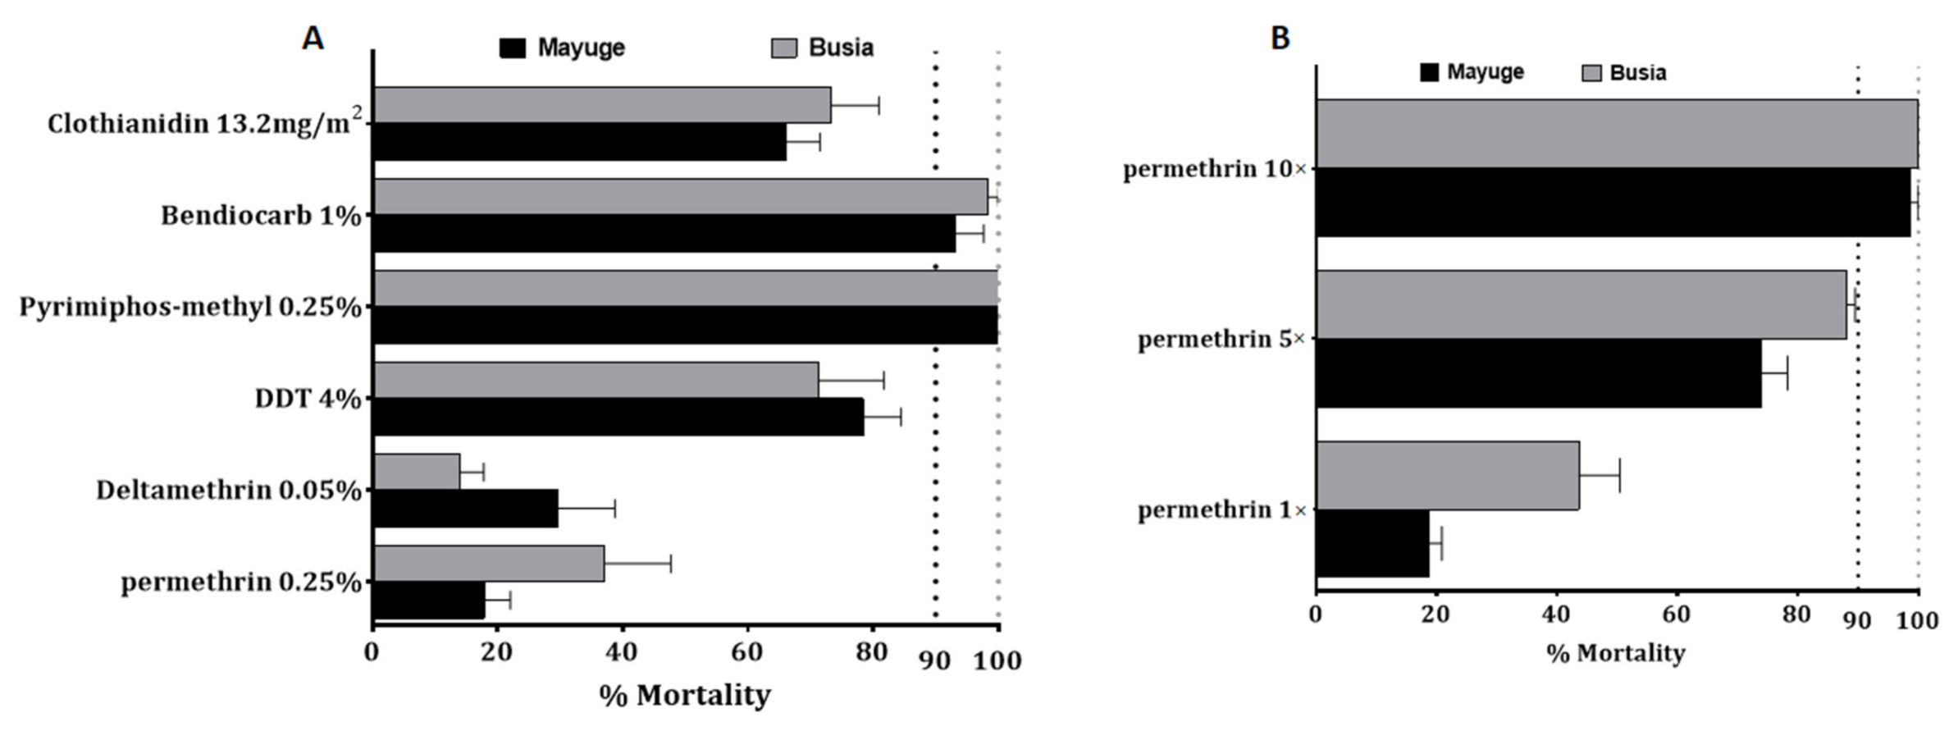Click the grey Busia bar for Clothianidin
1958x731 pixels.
pyautogui.click(x=602, y=105)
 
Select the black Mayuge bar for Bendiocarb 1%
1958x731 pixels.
pyautogui.click(x=664, y=234)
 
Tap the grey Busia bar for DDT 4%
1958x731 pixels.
pyautogui.click(x=596, y=381)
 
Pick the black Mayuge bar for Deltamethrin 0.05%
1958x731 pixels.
pyautogui.click(x=466, y=509)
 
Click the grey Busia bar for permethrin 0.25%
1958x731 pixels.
pyautogui.click(x=489, y=564)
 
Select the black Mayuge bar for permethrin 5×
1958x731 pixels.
pyautogui.click(x=1539, y=373)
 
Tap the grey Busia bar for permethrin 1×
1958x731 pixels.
pyautogui.click(x=1448, y=476)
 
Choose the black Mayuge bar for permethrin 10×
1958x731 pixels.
pyautogui.click(x=1613, y=203)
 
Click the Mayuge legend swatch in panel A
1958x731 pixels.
pyautogui.click(x=513, y=48)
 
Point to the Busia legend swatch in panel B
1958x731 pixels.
pyautogui.click(x=1591, y=74)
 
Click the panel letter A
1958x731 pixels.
pyautogui.click(x=313, y=39)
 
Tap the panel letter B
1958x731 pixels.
pyautogui.click(x=1280, y=39)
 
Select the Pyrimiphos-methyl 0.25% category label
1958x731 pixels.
pyautogui.click(x=190, y=308)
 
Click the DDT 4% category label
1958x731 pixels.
pyautogui.click(x=308, y=399)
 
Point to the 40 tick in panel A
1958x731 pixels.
pyautogui.click(x=621, y=652)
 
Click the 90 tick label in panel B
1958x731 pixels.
pyautogui.click(x=1858, y=621)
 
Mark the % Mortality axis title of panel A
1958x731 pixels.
pyautogui.click(x=685, y=695)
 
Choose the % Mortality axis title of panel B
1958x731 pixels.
pyautogui.click(x=1616, y=653)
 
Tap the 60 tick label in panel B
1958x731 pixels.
pyautogui.click(x=1676, y=614)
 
